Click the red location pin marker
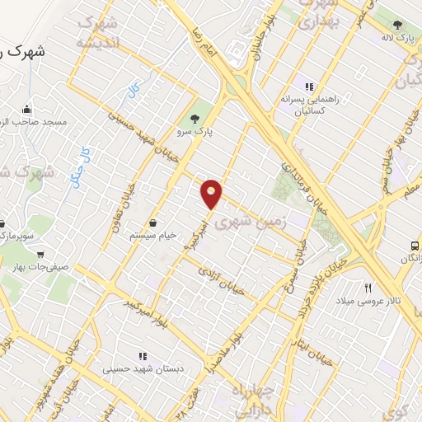point(212,194)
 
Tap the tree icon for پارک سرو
point(195,117)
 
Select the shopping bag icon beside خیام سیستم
point(154,223)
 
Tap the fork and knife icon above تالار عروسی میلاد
point(368,288)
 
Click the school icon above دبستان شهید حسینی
point(143,356)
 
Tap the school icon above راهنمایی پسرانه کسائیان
point(309,85)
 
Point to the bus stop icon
point(415,245)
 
